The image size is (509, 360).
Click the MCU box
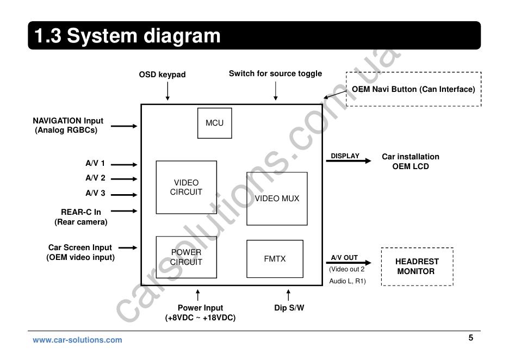214,123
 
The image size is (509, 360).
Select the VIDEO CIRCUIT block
186,187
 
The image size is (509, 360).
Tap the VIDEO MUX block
277,198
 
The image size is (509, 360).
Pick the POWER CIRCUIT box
186,257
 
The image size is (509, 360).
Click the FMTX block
275,259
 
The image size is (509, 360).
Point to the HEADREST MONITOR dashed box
417,266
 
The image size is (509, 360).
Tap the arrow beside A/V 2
128,178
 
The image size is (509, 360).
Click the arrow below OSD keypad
167,91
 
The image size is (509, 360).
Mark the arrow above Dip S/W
288,295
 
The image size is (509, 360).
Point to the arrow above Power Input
198,295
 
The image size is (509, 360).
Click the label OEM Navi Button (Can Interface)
413,89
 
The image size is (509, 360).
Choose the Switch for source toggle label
275,73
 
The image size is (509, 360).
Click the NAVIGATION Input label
67,121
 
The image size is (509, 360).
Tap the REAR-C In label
80,212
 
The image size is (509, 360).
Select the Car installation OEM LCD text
411,162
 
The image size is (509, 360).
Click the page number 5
471,338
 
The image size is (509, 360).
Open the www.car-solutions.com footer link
77,340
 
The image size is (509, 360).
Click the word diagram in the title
182,36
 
